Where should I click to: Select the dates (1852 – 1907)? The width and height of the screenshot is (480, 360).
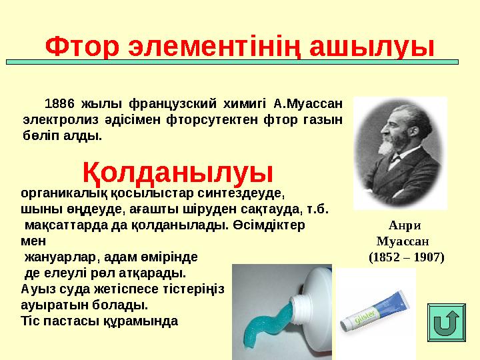click(x=406, y=256)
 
